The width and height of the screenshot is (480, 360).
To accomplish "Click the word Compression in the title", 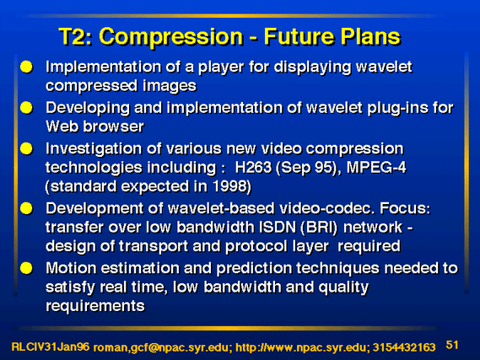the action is (x=170, y=37).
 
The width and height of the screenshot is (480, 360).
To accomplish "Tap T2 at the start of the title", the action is (x=76, y=36).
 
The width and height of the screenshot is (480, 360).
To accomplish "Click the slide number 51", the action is (x=452, y=345).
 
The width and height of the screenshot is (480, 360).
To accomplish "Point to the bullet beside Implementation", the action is (x=27, y=67).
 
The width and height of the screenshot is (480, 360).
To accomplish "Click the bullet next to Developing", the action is (x=27, y=108).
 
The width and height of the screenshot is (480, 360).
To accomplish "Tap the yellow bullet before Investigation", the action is (x=27, y=148).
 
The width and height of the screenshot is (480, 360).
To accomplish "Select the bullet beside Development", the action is (x=27, y=208).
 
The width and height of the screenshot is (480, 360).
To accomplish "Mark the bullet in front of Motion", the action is (x=27, y=268).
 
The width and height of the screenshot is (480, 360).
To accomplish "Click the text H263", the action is (x=253, y=167).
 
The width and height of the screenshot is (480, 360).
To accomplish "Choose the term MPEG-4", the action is (x=376, y=167).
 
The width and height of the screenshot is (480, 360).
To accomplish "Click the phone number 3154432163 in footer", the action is (x=404, y=347).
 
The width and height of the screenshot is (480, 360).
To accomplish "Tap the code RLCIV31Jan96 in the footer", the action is (x=51, y=347).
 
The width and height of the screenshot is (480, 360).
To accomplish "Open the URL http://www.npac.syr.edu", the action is (x=301, y=347).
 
